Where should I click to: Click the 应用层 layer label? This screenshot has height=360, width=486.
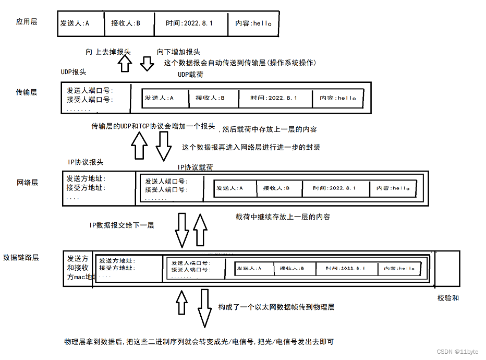pyautogui.click(x=27, y=22)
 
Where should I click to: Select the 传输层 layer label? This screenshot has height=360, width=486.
pyautogui.click(x=27, y=92)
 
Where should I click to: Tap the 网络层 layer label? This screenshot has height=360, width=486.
pyautogui.click(x=28, y=183)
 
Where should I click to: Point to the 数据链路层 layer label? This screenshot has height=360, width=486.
pyautogui.click(x=21, y=257)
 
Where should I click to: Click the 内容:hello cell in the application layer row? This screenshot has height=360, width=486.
pyautogui.click(x=253, y=23)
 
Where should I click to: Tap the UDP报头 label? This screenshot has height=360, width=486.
pyautogui.click(x=74, y=71)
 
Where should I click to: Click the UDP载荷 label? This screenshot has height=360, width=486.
pyautogui.click(x=190, y=75)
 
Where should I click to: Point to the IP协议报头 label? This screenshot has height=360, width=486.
pyautogui.click(x=86, y=162)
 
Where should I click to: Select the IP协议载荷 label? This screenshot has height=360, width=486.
pyautogui.click(x=195, y=167)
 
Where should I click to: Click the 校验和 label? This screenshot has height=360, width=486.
pyautogui.click(x=448, y=298)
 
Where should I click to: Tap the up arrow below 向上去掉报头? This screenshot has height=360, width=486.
pyautogui.click(x=125, y=63)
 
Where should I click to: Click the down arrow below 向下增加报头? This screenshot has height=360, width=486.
pyautogui.click(x=147, y=63)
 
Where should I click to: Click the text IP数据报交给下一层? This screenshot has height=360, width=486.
pyautogui.click(x=122, y=225)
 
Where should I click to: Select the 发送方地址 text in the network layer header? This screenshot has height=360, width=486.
pyautogui.click(x=86, y=179)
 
